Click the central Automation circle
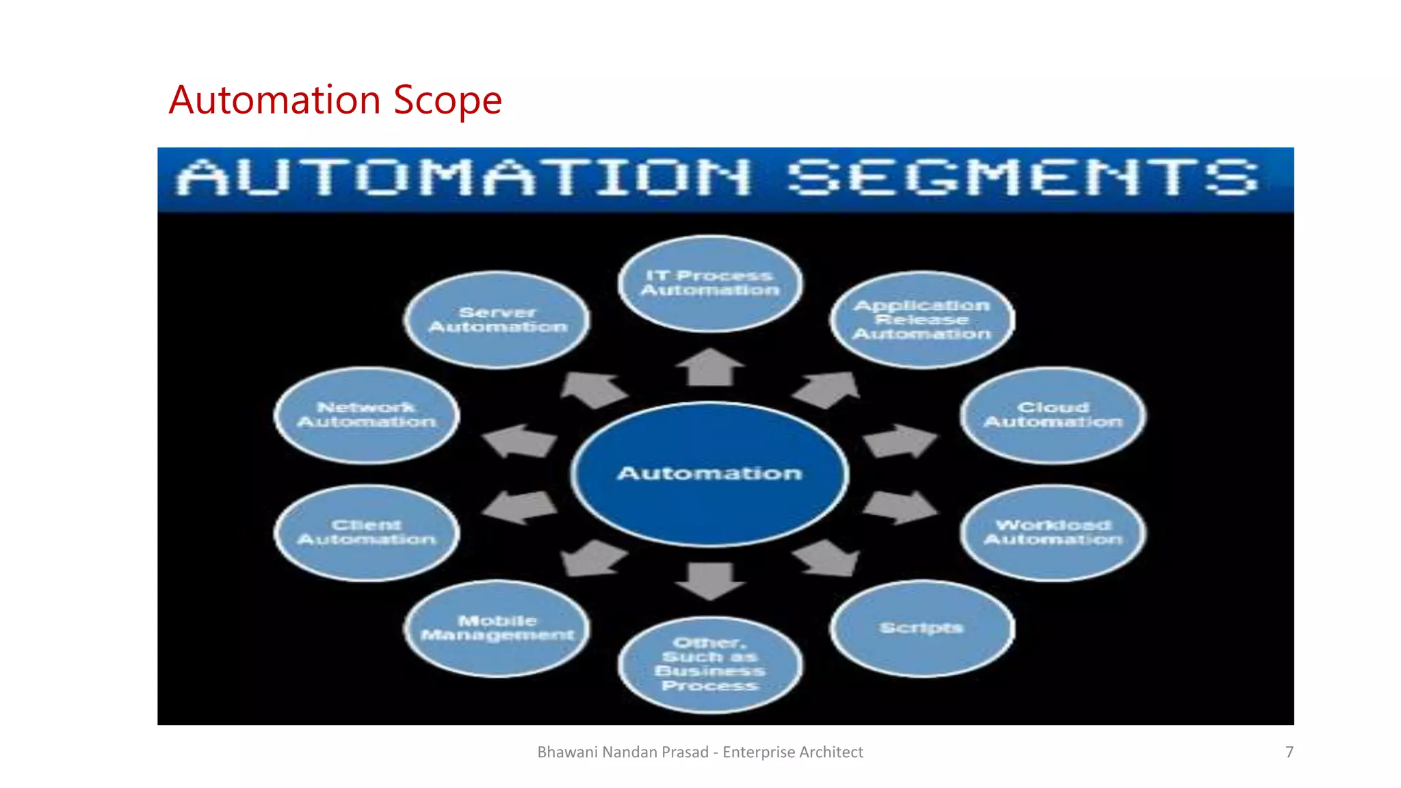[709, 473]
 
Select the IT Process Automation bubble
[709, 283]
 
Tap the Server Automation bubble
[497, 319]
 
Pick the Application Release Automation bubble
[921, 319]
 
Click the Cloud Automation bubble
[1053, 415]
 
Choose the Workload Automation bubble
[1053, 532]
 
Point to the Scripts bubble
[921, 628]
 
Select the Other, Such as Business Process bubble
[709, 664]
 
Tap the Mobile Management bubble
[497, 628]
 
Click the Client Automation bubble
[367, 532]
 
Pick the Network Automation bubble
[367, 415]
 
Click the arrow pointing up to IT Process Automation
[709, 367]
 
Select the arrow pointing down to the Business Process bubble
[709, 580]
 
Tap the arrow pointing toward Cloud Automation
[900, 441]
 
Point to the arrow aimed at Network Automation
[519, 441]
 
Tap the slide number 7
[1289, 752]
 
